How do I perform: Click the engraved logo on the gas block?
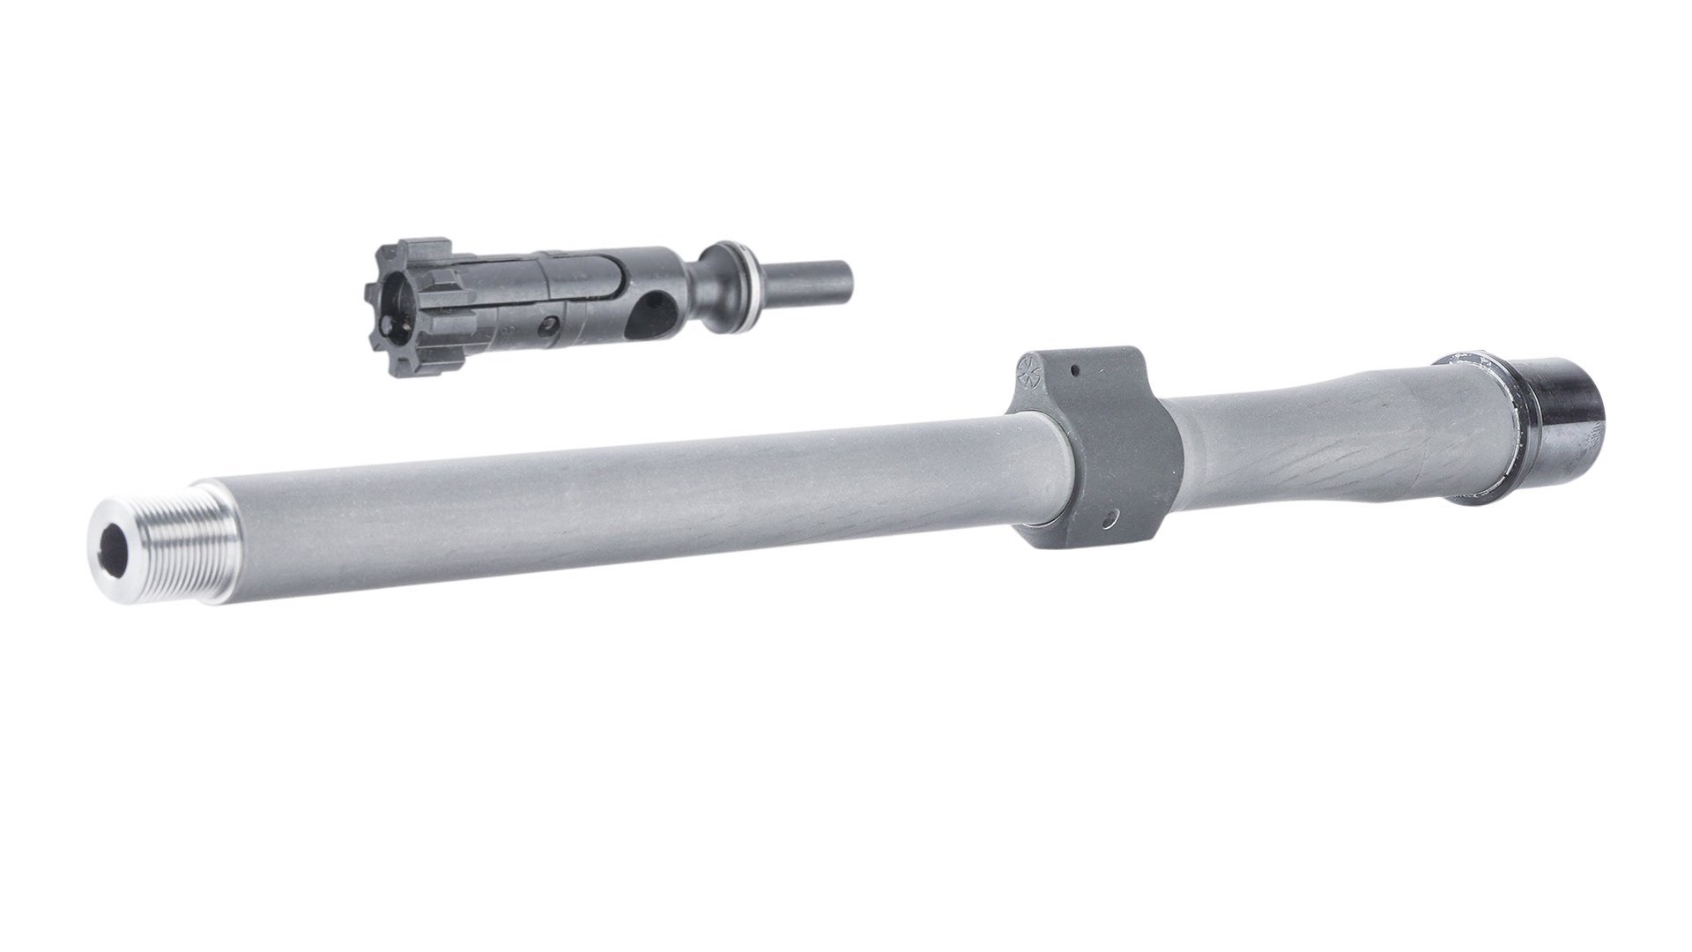tap(1029, 372)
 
